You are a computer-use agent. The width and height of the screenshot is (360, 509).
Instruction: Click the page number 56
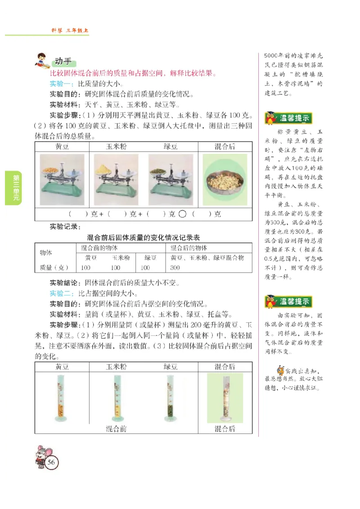51,462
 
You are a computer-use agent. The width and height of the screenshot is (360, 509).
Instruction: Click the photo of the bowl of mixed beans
225,179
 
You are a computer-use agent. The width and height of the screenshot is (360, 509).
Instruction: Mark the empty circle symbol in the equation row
182,214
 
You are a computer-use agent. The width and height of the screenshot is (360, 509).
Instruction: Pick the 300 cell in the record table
175,268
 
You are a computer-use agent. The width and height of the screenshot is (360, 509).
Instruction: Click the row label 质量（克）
54,268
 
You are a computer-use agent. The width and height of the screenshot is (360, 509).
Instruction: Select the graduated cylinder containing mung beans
170,397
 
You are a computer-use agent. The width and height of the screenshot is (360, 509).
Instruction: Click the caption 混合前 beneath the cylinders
116,429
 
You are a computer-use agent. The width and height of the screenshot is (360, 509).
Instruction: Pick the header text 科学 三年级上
70,31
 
